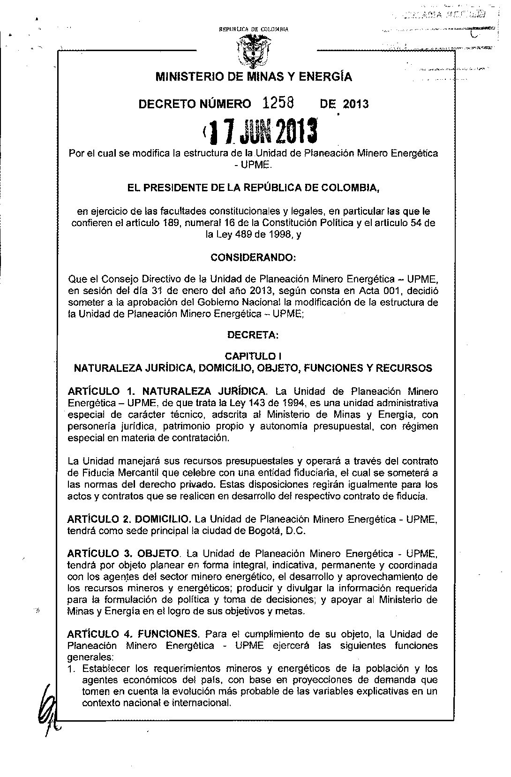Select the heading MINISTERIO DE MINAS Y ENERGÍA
pos(254,76)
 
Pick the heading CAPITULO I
pos(253,356)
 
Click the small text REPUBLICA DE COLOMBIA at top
pos(254,30)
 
